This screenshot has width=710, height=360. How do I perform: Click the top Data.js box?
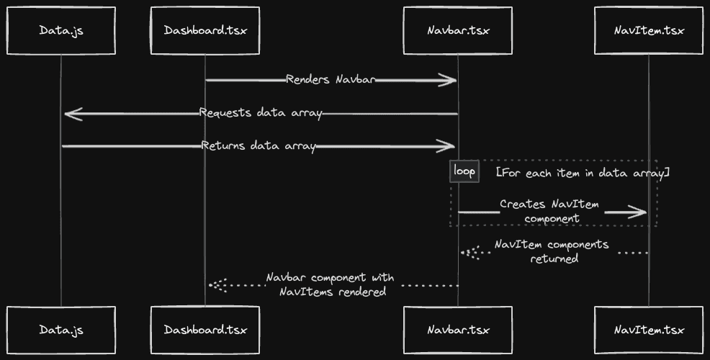[61, 30]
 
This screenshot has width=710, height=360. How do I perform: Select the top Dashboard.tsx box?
[205, 30]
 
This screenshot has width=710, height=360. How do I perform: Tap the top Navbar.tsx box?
[458, 30]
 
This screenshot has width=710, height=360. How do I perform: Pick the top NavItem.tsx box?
[649, 30]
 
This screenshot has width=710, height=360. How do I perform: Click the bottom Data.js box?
[61, 330]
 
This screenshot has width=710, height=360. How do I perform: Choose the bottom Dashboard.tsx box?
[205, 330]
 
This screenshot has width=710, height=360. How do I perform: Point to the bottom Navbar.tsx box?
[458, 330]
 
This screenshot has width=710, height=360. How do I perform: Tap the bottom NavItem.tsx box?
[649, 330]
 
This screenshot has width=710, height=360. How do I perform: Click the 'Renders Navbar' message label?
[331, 79]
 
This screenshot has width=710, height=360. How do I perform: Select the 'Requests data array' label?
[261, 113]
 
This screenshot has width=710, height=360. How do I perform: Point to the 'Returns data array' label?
[259, 146]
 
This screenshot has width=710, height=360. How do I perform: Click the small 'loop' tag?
[464, 172]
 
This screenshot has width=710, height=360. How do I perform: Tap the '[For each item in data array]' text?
[583, 173]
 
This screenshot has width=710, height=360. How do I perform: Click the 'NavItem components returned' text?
[552, 251]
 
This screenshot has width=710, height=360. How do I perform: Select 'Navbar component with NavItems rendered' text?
[330, 284]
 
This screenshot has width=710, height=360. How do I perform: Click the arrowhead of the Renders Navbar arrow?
[449, 80]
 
